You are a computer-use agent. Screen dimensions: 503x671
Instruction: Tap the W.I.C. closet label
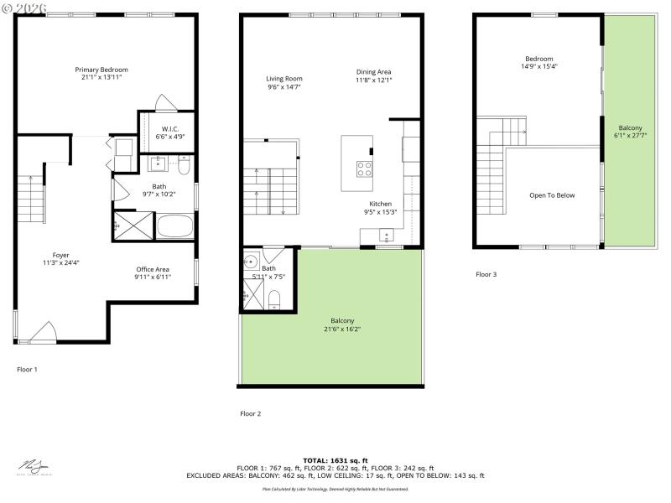click(x=170, y=129)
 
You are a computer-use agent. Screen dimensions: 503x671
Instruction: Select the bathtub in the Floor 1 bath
click(x=176, y=227)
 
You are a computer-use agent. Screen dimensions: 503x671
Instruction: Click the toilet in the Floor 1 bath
click(x=185, y=165)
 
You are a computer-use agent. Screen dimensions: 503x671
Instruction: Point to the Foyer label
click(x=60, y=255)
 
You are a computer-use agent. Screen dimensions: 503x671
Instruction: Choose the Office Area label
click(x=153, y=270)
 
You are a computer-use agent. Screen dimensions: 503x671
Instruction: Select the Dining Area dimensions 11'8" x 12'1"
click(x=374, y=80)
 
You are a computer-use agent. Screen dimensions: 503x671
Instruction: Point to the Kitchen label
click(x=381, y=204)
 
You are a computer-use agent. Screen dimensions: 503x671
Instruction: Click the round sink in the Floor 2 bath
click(x=249, y=261)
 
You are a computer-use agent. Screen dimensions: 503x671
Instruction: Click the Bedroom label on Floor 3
click(x=539, y=59)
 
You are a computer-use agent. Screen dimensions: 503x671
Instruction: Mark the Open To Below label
click(x=552, y=195)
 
